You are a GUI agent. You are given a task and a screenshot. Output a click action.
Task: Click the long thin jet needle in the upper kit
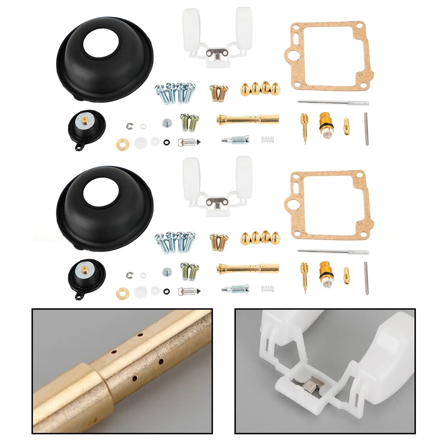pyautogui.click(x=333, y=103)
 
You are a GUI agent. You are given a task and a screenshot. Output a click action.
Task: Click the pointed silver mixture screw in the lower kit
pyautogui.click(x=236, y=289)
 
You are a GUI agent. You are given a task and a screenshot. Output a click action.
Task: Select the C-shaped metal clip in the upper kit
pyautogui.click(x=129, y=126)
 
